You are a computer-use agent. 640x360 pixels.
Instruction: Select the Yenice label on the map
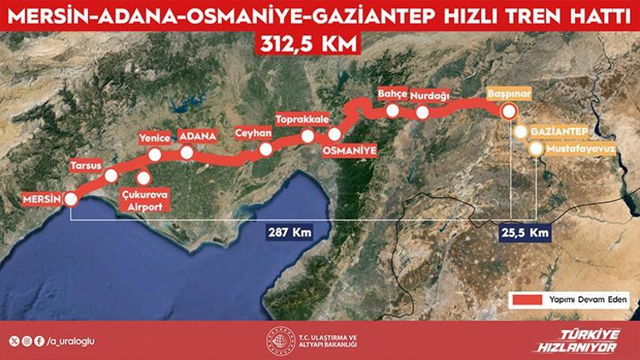click(155, 138)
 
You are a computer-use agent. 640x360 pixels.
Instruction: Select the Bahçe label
click(392, 93)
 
